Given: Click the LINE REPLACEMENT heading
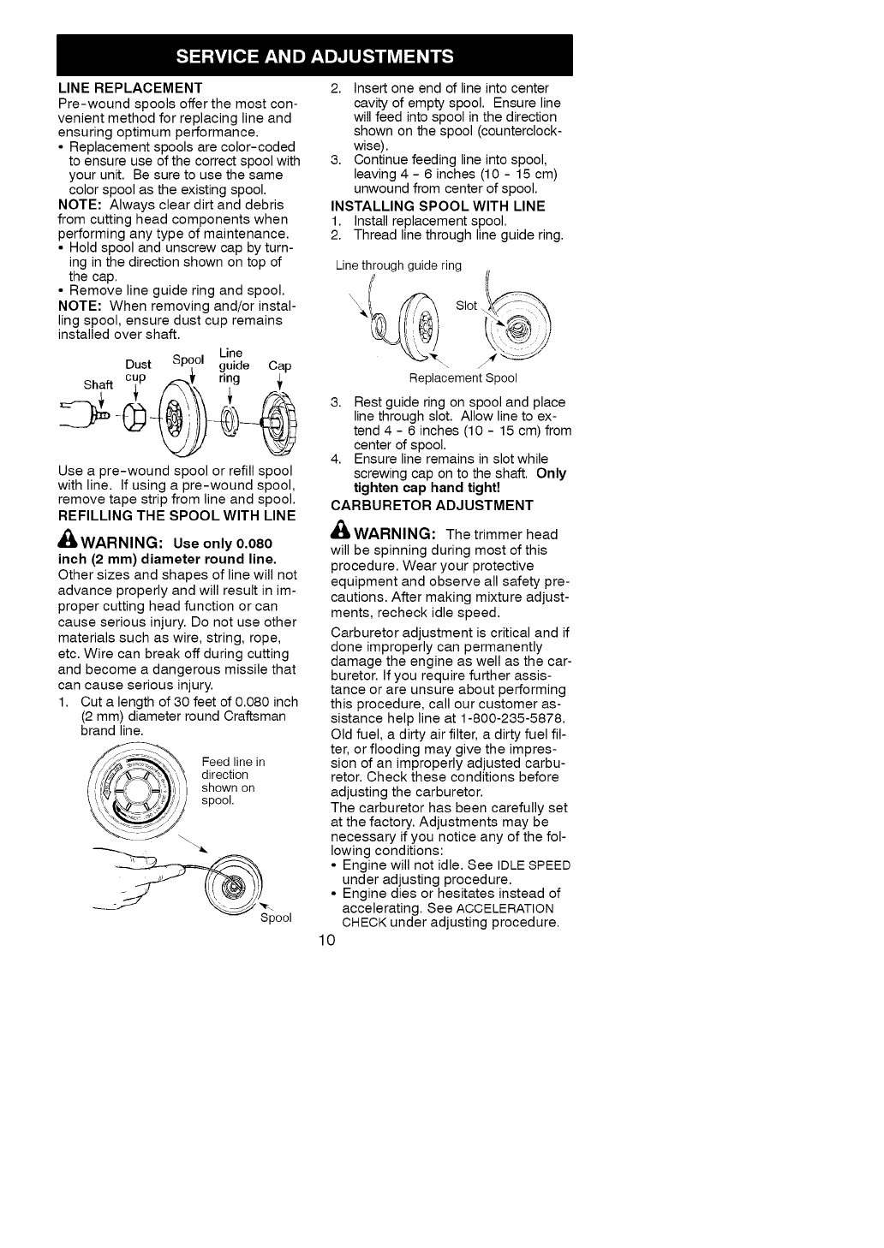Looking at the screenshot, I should tap(130, 87).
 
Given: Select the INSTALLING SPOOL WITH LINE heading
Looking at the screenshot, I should tap(438, 205).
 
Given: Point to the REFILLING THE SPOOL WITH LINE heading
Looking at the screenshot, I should tap(176, 514).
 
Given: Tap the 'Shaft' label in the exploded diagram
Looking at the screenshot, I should tap(98, 384).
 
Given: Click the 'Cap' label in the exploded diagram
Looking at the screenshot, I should tap(279, 366).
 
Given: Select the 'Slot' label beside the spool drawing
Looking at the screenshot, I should tap(466, 306).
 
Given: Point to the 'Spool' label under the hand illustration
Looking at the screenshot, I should tap(276, 918).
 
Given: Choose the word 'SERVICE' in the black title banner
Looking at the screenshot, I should tap(224, 57).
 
